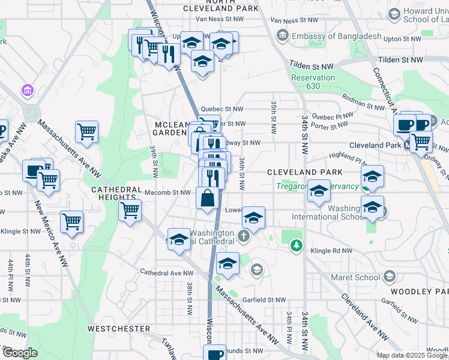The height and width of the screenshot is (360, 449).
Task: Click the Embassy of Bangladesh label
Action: point(336,36)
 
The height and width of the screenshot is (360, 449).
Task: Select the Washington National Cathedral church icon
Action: point(244,235)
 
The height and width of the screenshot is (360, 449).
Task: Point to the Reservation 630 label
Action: point(313,82)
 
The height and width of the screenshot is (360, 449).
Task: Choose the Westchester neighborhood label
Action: point(119,329)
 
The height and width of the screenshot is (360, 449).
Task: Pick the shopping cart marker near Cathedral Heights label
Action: point(130,211)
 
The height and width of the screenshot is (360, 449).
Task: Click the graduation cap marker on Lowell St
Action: point(253,218)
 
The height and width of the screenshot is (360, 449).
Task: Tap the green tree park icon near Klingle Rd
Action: point(295,245)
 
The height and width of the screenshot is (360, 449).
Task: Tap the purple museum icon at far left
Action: point(27,91)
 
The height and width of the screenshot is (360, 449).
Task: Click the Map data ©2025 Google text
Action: point(412,355)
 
